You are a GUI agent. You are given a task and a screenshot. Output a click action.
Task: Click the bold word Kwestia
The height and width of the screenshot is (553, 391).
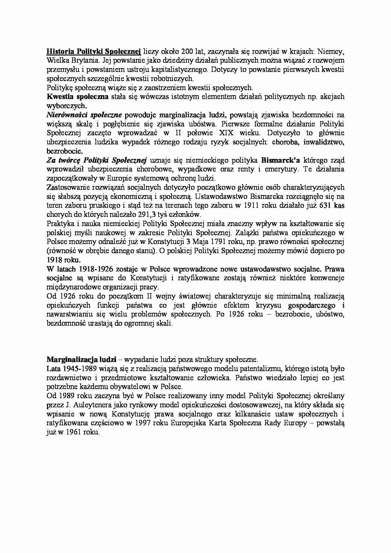[58, 96]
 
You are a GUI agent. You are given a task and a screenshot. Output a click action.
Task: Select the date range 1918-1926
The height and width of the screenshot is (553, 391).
[87, 270]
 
